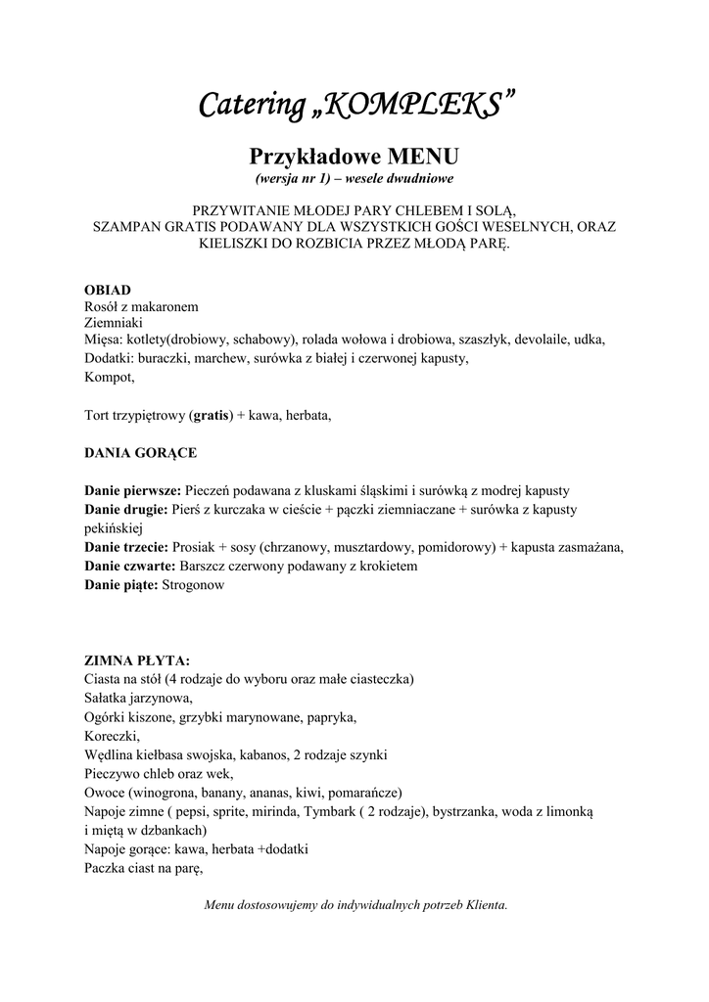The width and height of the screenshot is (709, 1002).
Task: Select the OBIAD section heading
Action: click(107, 290)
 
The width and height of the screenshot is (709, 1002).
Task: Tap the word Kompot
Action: click(109, 377)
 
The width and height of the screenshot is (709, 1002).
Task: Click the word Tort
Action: click(99, 415)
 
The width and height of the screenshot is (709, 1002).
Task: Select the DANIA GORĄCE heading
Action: click(140, 452)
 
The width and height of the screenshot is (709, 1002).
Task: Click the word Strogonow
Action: click(193, 584)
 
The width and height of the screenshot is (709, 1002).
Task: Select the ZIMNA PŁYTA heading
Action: click(137, 660)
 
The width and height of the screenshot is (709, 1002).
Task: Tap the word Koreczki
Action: click(112, 736)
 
